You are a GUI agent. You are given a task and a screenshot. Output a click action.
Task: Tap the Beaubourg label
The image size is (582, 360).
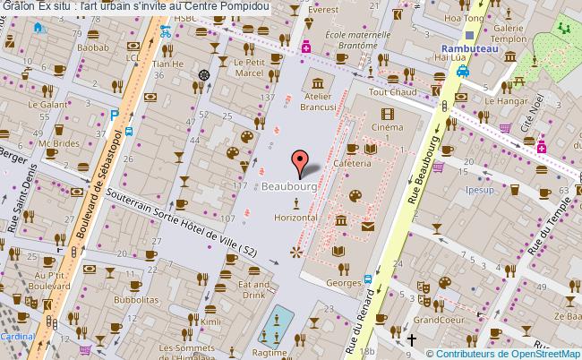tap(289, 186)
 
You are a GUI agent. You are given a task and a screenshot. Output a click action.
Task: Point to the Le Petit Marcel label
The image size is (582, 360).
tap(249, 67)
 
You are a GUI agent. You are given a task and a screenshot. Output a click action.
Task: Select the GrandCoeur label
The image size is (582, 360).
tap(437, 319)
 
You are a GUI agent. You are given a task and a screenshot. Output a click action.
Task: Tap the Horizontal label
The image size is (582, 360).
tap(295, 218)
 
